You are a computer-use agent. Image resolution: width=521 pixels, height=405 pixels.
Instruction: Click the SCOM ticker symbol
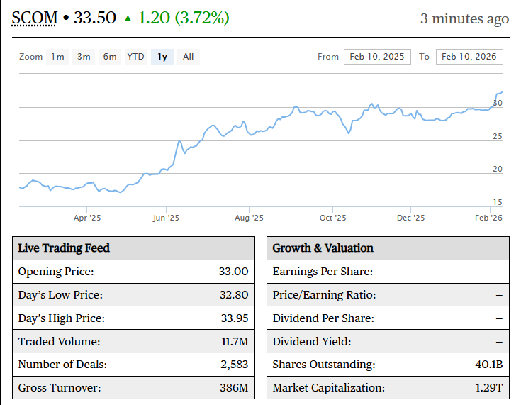(x=35, y=18)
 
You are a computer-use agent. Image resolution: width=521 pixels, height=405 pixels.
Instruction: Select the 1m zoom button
(x=57, y=57)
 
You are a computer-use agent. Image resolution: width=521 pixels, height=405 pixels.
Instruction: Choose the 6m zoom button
(x=110, y=57)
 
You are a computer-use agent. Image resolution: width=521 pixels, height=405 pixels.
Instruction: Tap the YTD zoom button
(x=135, y=57)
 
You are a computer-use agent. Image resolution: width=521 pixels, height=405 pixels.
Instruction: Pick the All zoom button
(x=188, y=57)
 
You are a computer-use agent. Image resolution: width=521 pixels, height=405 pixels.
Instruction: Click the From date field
(x=377, y=57)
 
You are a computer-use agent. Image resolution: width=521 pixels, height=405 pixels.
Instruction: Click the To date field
(x=470, y=57)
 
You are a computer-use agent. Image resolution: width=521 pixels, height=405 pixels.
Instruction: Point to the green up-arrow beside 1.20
(x=128, y=18)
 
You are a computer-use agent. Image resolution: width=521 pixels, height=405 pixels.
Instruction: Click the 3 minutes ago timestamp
(x=464, y=18)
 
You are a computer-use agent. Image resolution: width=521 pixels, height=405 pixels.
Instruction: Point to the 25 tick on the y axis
(x=498, y=136)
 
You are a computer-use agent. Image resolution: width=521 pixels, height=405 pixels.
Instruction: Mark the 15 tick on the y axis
(x=498, y=202)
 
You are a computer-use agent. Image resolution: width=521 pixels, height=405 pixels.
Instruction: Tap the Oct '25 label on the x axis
(x=332, y=218)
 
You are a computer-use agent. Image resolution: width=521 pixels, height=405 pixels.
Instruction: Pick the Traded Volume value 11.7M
(x=235, y=342)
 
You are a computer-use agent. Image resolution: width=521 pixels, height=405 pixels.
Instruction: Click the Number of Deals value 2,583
(x=233, y=365)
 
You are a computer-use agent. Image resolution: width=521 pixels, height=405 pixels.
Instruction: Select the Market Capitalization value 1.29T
(x=488, y=388)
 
